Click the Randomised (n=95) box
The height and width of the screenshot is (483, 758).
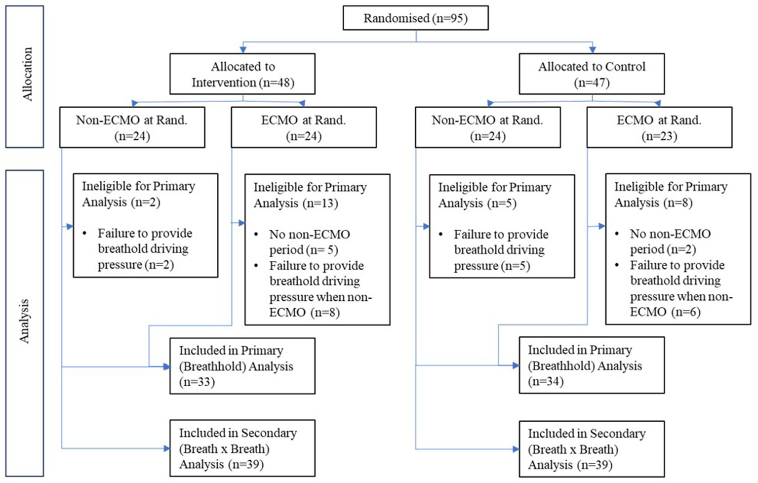[415, 18]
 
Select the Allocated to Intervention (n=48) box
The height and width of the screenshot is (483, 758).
[242, 74]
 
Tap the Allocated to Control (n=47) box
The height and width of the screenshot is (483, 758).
[591, 74]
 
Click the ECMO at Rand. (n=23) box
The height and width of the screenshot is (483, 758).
[659, 127]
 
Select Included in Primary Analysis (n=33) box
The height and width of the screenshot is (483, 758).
[242, 366]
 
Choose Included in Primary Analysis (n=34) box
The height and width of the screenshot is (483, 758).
[591, 365]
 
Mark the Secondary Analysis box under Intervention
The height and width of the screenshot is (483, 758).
[242, 448]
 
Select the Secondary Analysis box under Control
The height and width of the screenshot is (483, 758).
[591, 449]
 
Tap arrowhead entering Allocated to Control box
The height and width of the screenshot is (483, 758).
[592, 50]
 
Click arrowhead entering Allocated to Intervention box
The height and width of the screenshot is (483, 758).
[242, 50]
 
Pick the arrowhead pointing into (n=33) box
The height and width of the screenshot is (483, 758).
[166, 366]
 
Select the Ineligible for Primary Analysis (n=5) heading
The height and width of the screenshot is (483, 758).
[494, 195]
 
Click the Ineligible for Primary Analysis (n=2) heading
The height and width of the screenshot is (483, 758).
[138, 194]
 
